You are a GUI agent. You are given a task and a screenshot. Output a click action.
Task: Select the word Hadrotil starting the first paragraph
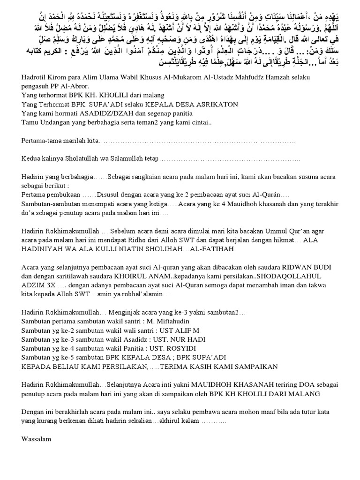click(35, 77)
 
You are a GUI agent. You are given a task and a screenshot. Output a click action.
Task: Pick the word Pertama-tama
click(42, 140)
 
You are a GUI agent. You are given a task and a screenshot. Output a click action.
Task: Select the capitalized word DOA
click(300, 385)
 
